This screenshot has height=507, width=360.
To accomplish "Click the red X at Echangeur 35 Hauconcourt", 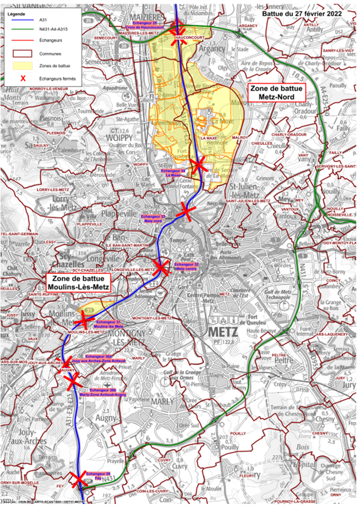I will pyautogui.click(x=177, y=34).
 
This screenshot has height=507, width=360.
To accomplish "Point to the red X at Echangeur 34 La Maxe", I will pyautogui.click(x=199, y=164).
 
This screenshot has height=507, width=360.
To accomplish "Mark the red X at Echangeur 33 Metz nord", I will pyautogui.click(x=186, y=211).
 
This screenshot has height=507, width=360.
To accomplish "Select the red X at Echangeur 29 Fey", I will pyautogui.click(x=79, y=479).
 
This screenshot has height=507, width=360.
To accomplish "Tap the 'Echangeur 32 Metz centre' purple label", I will pyautogui.click(x=186, y=266).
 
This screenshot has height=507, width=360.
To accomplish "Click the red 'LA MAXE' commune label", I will pyautogui.click(x=209, y=138).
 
